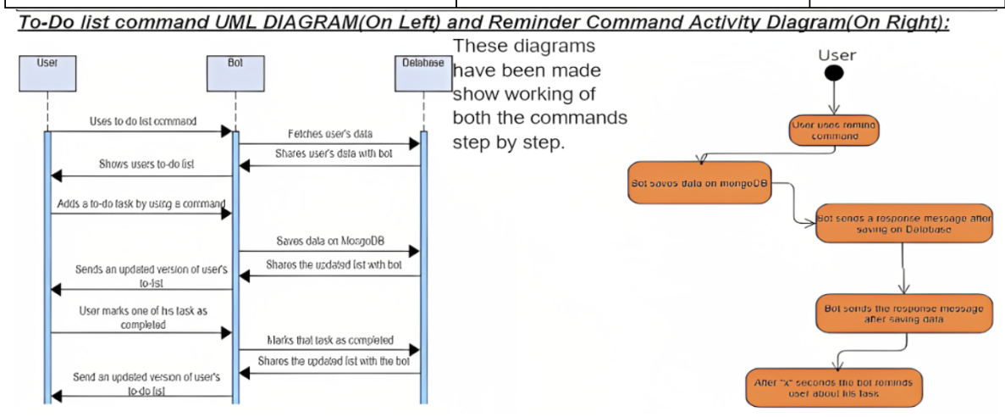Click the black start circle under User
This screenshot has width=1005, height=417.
(835, 74)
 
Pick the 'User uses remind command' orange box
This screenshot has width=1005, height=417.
(835, 130)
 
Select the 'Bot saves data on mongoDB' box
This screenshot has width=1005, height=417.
(699, 183)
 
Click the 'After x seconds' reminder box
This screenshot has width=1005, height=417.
(833, 387)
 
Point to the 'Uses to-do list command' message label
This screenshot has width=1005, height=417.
(143, 121)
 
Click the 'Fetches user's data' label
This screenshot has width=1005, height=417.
(329, 134)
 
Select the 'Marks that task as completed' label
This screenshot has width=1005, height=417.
(330, 340)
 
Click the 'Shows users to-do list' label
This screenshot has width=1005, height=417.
(141, 164)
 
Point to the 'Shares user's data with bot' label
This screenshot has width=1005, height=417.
(329, 154)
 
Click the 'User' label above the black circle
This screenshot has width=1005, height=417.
(837, 55)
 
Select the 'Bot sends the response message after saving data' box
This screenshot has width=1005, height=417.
(903, 314)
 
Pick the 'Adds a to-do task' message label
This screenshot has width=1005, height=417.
(141, 203)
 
